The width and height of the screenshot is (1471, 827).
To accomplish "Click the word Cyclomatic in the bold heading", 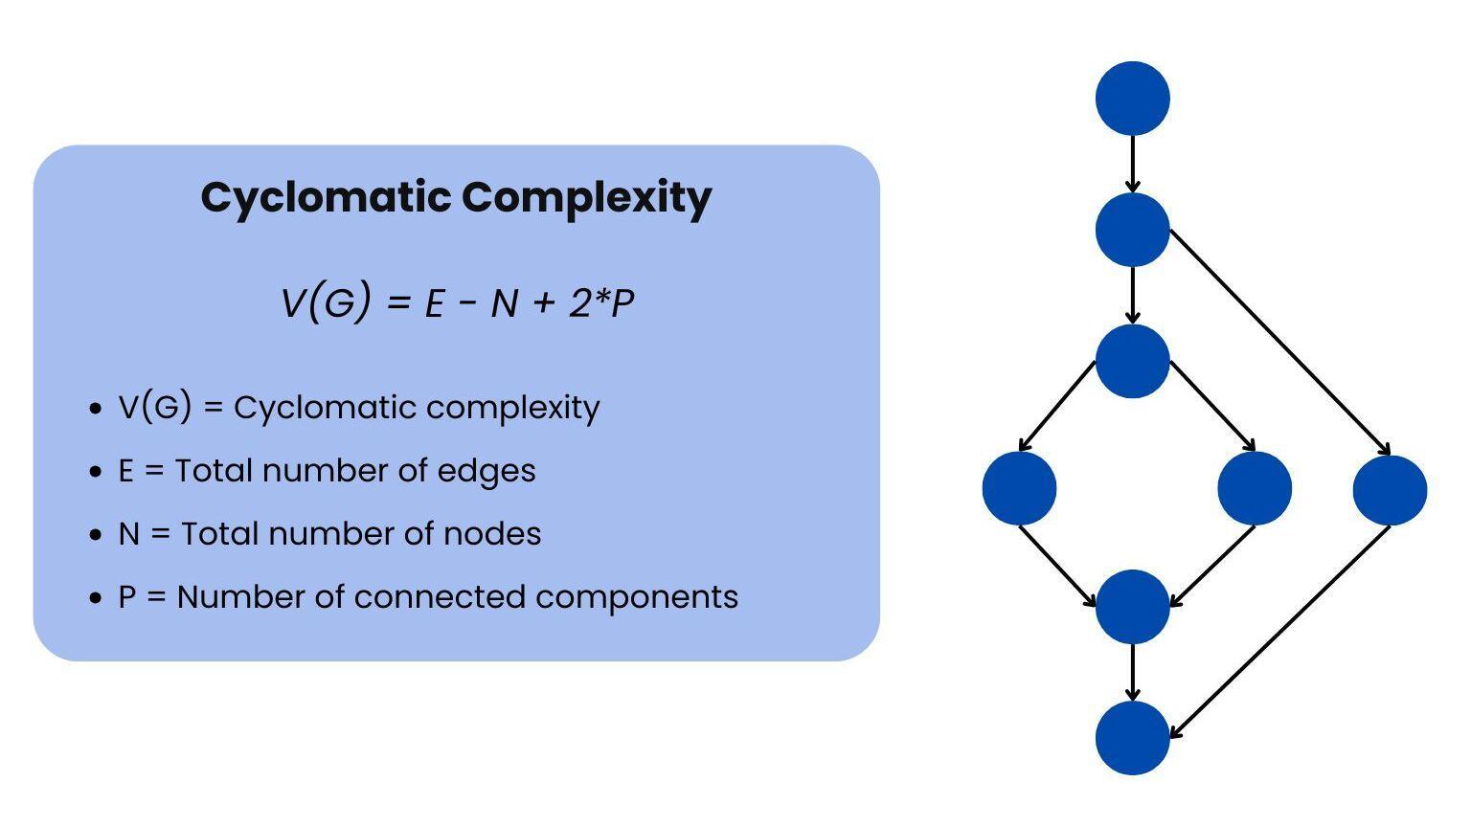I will pyautogui.click(x=326, y=197).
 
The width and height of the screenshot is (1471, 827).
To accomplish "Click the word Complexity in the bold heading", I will pyautogui.click(x=586, y=197).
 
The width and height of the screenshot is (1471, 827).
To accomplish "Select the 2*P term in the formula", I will pyautogui.click(x=601, y=303).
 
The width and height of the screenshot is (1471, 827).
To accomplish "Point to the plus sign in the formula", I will pyautogui.click(x=543, y=303).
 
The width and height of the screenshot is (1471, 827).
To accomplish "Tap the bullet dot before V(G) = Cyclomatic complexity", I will pyautogui.click(x=94, y=409).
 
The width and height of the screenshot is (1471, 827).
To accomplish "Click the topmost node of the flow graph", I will pyautogui.click(x=1132, y=98).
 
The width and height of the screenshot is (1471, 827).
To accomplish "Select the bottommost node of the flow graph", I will pyautogui.click(x=1132, y=737).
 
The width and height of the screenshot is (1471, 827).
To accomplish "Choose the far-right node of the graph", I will pyautogui.click(x=1390, y=489).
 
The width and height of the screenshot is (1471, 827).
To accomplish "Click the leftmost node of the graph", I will pyautogui.click(x=1019, y=488).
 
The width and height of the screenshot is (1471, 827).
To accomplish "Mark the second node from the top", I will pyautogui.click(x=1132, y=230).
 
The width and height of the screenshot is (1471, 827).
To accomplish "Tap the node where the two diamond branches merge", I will pyautogui.click(x=1132, y=606).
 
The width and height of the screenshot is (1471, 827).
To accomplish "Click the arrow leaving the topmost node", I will pyautogui.click(x=1132, y=164).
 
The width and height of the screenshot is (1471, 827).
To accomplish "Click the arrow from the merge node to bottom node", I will pyautogui.click(x=1132, y=672).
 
